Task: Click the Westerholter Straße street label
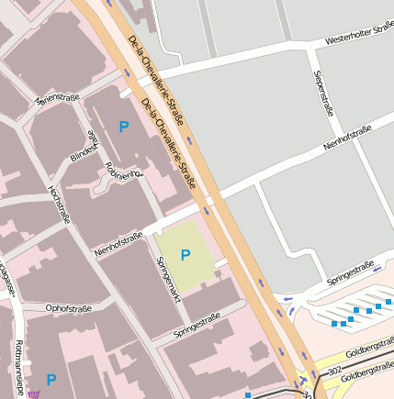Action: pyautogui.click(x=359, y=38)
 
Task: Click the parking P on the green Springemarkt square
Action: pyautogui.click(x=186, y=255)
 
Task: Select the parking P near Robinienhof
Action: pyautogui.click(x=123, y=126)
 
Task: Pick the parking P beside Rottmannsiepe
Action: pyautogui.click(x=51, y=379)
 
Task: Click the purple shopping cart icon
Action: pyautogui.click(x=34, y=394)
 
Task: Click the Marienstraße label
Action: pyautogui.click(x=54, y=97)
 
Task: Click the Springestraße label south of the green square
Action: pyautogui.click(x=197, y=324)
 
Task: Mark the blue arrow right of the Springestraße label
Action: pyautogui.click(x=377, y=267)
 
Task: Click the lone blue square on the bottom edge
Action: pyautogui.click(x=247, y=395)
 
